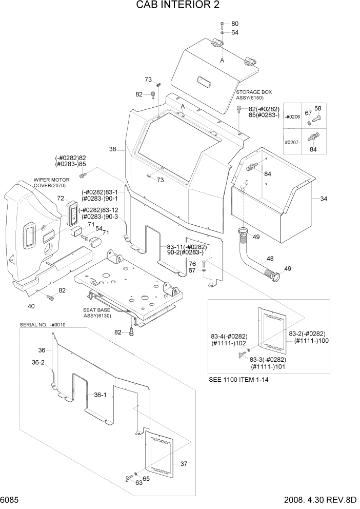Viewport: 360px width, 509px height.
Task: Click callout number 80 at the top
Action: [235, 24]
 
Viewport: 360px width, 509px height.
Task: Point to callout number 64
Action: [235, 32]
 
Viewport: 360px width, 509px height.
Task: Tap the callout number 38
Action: [113, 149]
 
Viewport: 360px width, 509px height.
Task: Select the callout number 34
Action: [324, 199]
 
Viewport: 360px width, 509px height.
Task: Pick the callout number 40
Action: [31, 306]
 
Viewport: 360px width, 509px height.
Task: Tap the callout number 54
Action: [98, 228]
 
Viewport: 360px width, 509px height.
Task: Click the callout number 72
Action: [61, 198]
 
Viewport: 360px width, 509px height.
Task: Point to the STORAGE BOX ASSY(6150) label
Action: [254, 95]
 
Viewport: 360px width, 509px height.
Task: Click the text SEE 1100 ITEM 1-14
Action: [239, 380]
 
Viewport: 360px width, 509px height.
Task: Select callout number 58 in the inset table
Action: [318, 109]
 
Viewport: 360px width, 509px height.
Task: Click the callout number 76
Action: [192, 263]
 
